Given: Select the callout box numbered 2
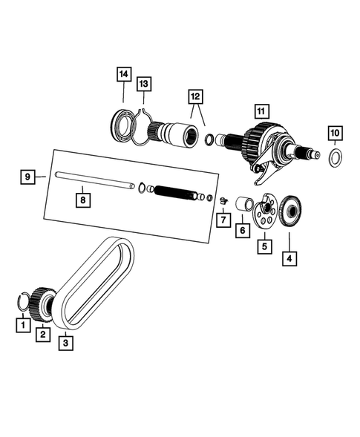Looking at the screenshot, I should [x=44, y=335].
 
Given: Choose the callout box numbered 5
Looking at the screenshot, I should [x=263, y=243].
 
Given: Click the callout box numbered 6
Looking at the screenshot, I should [x=241, y=231].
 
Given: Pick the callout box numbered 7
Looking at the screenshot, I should [x=221, y=220].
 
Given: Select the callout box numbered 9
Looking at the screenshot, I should [x=27, y=177].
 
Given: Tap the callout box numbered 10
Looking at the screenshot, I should [x=335, y=134].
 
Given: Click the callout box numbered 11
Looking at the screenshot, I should [x=260, y=111].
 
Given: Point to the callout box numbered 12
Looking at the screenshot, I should [x=195, y=96].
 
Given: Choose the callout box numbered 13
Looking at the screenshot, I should [x=144, y=85].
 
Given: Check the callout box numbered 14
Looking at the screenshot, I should [x=123, y=74].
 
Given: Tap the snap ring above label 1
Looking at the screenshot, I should [x=25, y=301].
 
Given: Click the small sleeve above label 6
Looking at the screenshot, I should [x=242, y=203].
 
